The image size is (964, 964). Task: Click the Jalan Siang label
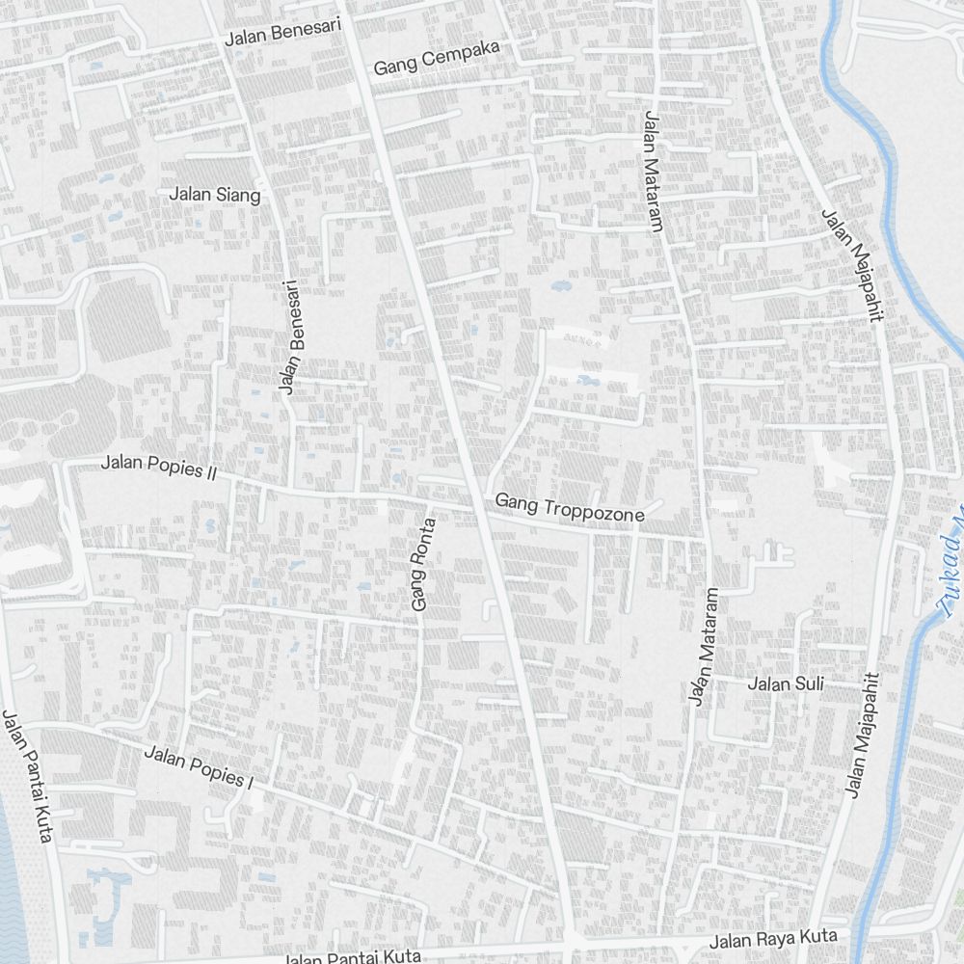pyautogui.click(x=215, y=195)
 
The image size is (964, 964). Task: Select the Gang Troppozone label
pyautogui.click(x=570, y=508)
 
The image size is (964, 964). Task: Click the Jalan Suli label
pyautogui.click(x=787, y=684)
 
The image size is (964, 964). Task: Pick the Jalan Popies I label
pyautogui.click(x=198, y=767)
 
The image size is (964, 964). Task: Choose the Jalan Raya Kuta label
pyautogui.click(x=773, y=939)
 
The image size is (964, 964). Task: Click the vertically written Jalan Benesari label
pyautogui.click(x=288, y=337)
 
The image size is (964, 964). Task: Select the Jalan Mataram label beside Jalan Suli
pyautogui.click(x=703, y=646)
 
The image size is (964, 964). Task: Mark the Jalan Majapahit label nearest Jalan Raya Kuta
pyautogui.click(x=863, y=735)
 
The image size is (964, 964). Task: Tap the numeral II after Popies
pyautogui.click(x=211, y=471)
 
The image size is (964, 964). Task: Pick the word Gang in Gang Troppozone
pyautogui.click(x=513, y=501)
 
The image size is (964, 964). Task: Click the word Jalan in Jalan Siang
pyautogui.click(x=190, y=193)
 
